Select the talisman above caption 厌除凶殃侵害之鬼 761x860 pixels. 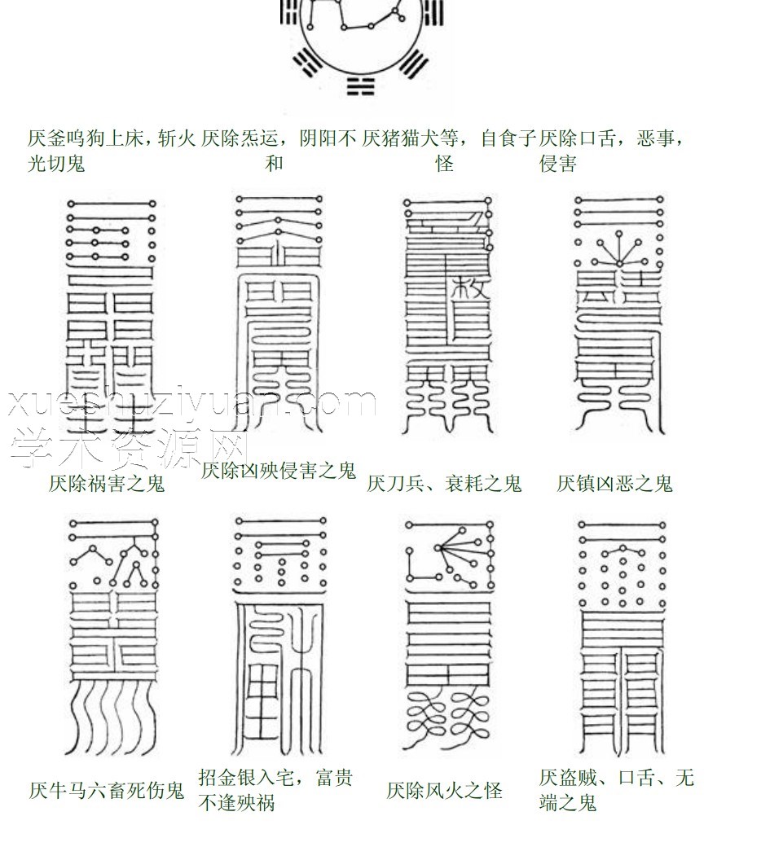click(x=276, y=318)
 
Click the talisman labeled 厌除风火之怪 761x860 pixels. click(x=448, y=635)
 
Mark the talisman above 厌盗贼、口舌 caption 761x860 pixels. click(x=619, y=635)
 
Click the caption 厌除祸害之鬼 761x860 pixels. click(x=107, y=484)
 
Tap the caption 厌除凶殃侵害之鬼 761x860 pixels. click(x=279, y=470)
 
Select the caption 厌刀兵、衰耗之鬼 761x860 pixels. click(x=444, y=484)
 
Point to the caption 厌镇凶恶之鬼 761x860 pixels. click(x=615, y=484)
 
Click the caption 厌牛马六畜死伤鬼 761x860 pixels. click(x=107, y=790)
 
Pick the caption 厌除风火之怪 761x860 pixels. click(x=445, y=790)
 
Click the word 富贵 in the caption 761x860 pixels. click(x=328, y=778)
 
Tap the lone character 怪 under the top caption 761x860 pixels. click(x=444, y=164)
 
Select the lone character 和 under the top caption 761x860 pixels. click(x=275, y=164)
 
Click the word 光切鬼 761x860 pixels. click(x=56, y=164)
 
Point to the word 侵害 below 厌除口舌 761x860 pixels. click(x=558, y=164)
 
